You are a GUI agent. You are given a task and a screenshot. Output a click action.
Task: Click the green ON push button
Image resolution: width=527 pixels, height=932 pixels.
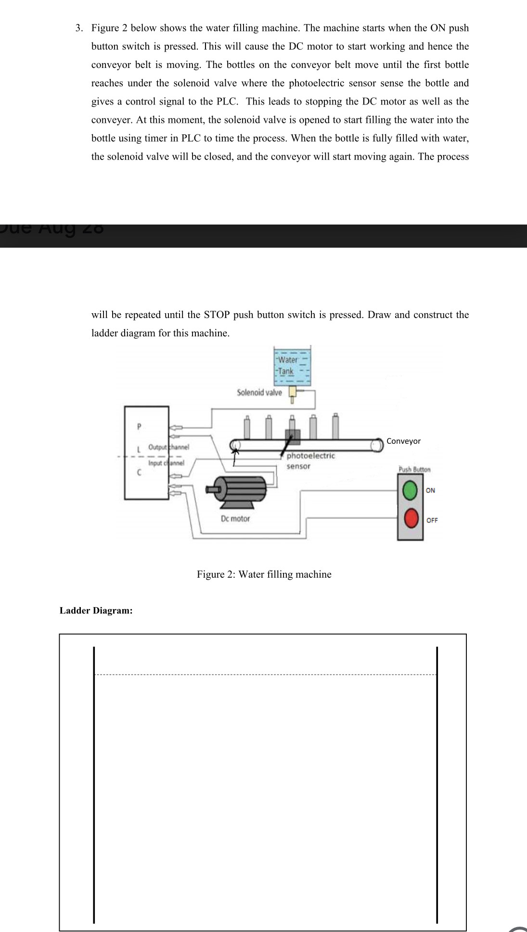410,490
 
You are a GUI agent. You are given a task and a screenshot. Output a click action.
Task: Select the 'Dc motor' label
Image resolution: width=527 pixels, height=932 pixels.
235,519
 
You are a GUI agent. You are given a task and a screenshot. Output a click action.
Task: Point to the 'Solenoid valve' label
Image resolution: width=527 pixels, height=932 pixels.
259,392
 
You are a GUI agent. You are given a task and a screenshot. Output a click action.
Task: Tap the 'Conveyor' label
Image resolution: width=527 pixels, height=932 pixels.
403,441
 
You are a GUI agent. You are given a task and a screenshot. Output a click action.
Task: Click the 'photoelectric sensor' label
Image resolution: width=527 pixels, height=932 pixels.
310,461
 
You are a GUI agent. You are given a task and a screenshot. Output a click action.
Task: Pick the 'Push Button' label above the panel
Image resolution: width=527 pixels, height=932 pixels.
414,469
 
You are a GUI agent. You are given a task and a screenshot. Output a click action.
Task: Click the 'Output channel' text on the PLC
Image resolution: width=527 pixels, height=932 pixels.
168,447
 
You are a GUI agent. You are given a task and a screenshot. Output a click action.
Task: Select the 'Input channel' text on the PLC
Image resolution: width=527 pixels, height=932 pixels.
166,463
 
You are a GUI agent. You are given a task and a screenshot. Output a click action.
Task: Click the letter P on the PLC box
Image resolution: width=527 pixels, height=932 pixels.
139,426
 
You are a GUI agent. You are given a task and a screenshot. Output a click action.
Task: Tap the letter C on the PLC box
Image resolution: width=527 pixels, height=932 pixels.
139,473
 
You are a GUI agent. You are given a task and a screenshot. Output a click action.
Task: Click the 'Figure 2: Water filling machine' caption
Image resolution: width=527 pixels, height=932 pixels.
264,574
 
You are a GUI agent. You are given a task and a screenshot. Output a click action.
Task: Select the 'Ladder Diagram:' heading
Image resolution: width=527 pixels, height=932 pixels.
96,611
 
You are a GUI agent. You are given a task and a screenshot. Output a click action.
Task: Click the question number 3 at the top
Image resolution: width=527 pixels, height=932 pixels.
79,28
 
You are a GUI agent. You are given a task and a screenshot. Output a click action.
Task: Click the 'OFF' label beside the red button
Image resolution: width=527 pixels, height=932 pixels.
432,520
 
